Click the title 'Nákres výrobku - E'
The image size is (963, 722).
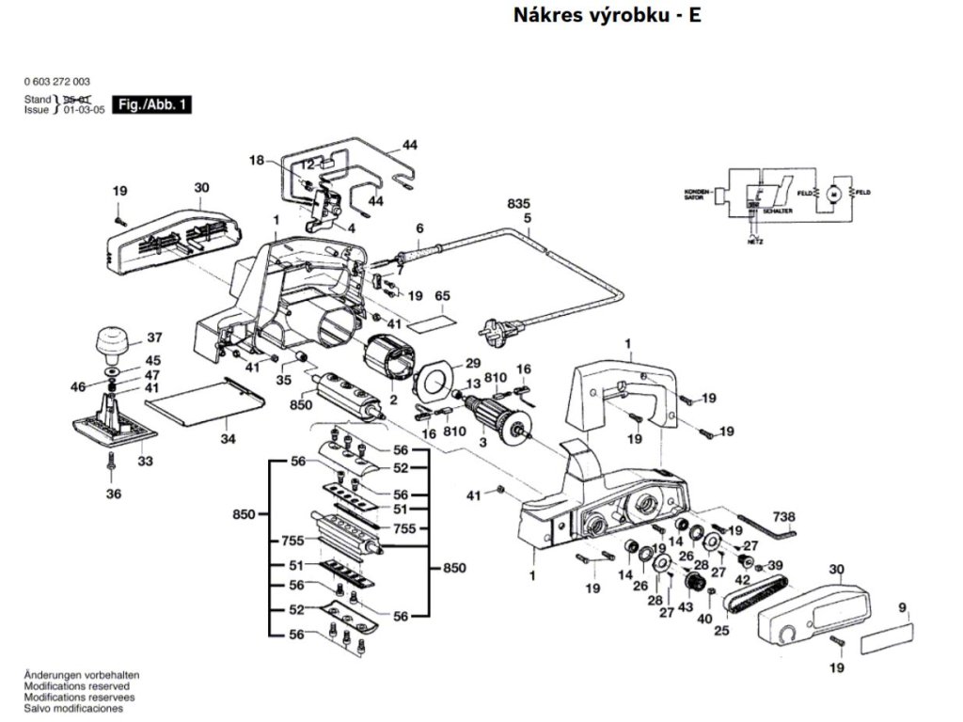click(607, 16)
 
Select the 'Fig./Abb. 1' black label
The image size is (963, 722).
click(151, 105)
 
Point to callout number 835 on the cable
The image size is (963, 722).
click(518, 204)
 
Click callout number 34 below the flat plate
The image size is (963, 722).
click(228, 439)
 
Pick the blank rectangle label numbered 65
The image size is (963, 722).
click(441, 320)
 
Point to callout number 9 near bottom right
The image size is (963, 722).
click(902, 608)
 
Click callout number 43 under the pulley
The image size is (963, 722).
click(686, 607)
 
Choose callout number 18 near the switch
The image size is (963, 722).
click(258, 161)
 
